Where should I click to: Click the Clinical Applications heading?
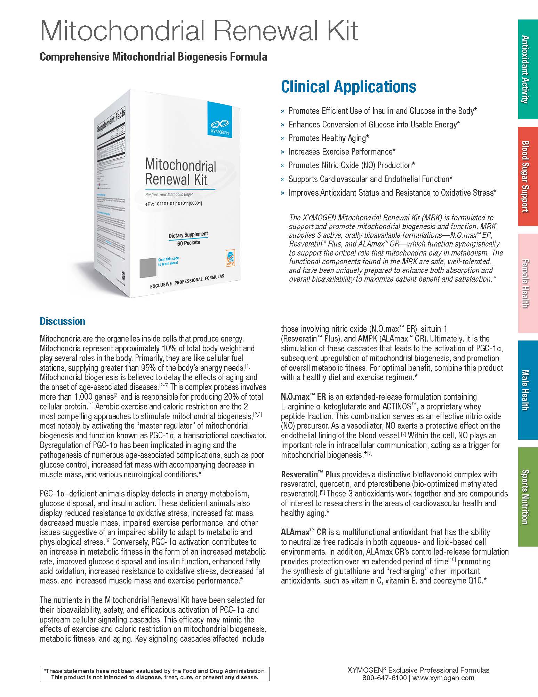coord(348,87)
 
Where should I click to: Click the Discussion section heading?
coord(62,321)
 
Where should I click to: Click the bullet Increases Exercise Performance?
coord(342,152)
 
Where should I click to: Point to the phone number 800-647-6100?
coord(384,678)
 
